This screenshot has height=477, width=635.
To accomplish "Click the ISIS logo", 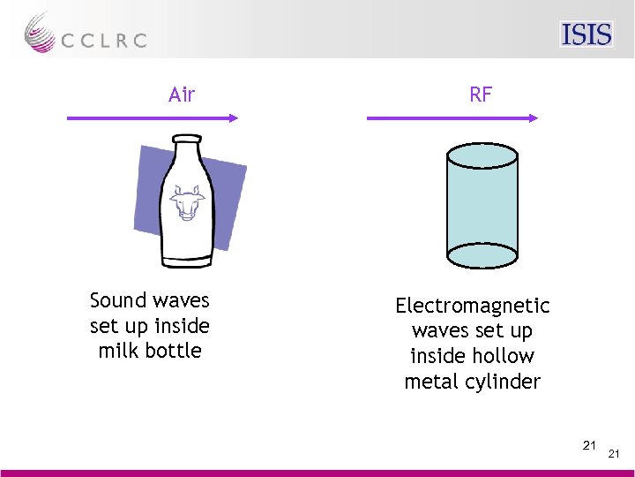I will tap(586, 34).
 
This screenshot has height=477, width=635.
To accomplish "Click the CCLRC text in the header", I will tap(104, 41).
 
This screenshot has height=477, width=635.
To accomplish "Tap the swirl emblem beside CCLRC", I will tap(40, 33).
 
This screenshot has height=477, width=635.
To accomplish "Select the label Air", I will tap(182, 95).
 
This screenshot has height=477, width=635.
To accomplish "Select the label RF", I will tap(481, 95).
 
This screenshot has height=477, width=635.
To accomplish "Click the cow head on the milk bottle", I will tap(186, 203).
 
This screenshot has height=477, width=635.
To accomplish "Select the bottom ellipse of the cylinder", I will tap(481, 255).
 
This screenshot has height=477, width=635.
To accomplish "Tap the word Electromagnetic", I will tap(473, 307).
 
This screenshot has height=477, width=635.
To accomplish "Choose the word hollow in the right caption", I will tap(503, 357).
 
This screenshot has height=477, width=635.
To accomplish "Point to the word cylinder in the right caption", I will tap(504, 382).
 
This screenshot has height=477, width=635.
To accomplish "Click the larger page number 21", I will tap(589, 444).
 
